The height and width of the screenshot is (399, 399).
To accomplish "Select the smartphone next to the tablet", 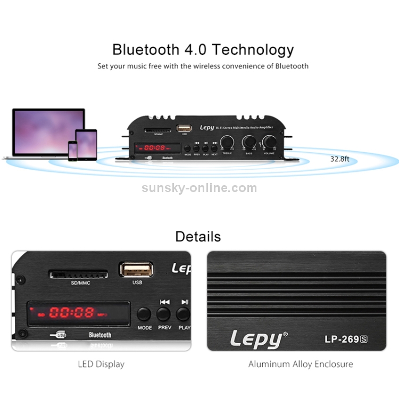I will tap(72, 151).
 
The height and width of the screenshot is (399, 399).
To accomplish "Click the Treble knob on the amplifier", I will tap(227, 142).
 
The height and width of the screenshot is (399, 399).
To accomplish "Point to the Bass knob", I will tap(248, 142).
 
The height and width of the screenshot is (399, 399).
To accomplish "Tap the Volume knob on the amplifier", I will tap(269, 142).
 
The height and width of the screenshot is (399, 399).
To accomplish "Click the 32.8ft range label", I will tap(340, 159).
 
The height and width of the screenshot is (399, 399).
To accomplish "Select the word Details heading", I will tap(198, 236).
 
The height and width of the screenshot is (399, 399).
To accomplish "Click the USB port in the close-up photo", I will tap(137, 269).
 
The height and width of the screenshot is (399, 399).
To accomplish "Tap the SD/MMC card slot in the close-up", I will tap(78, 275).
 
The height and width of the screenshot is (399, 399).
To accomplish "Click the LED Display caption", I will tap(101, 364).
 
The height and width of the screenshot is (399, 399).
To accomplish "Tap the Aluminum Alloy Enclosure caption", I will tap(301, 364).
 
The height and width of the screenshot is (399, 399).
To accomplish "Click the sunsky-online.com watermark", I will tap(199, 188).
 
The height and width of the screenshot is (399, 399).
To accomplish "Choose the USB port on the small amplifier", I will tap(184, 128).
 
